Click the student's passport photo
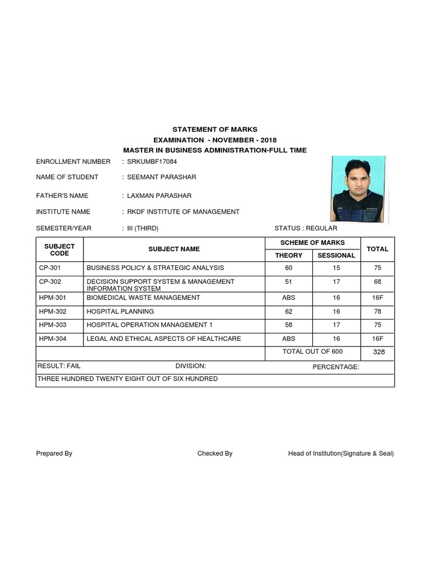(358, 189)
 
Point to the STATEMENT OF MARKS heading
(215, 129)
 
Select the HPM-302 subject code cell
(52, 311)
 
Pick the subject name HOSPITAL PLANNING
(120, 311)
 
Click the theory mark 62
(288, 311)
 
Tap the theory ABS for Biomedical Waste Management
(288, 298)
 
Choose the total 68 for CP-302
(377, 281)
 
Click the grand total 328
(377, 352)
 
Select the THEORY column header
(288, 255)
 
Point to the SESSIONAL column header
(336, 255)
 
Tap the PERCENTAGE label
(335, 367)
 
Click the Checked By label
(214, 453)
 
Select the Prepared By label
(54, 453)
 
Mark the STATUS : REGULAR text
(306, 229)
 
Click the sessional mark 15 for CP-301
(336, 268)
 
